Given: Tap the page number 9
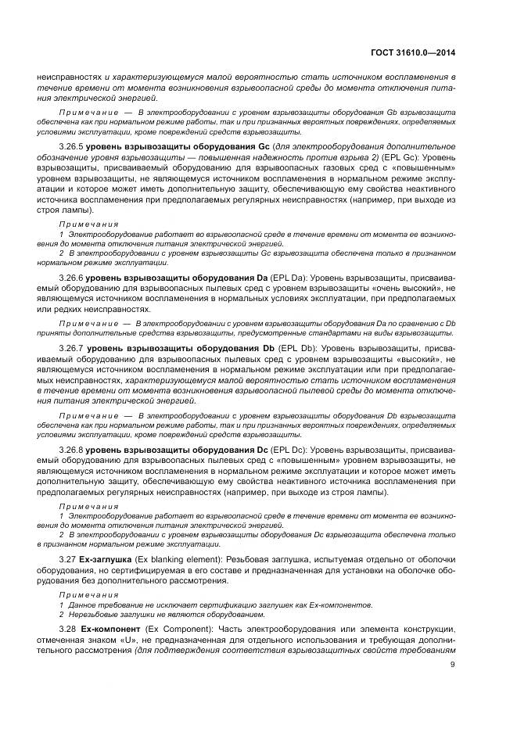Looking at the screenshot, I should tap(453, 666).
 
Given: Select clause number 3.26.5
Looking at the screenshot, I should tap(71, 146).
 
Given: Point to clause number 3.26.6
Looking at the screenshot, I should tap(71, 278).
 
